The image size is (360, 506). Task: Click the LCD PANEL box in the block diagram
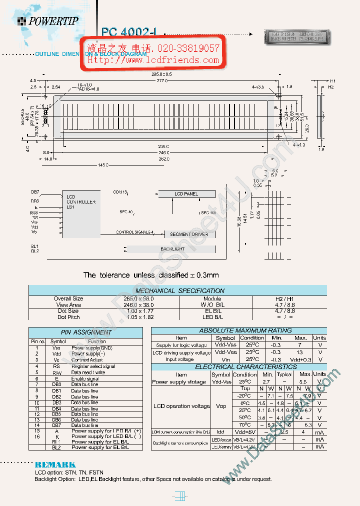[x=186, y=194]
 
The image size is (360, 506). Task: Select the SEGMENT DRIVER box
[x=188, y=234]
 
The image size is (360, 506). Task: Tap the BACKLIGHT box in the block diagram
[x=172, y=249]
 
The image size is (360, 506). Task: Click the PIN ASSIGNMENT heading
[x=86, y=332]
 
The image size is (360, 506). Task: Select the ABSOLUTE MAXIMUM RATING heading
[x=238, y=330]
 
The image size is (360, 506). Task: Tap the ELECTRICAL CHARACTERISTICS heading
[x=238, y=366]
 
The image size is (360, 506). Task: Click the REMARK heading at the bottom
[x=55, y=464]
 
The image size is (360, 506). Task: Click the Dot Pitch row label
[x=68, y=317]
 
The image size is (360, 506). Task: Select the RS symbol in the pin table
[x=56, y=366]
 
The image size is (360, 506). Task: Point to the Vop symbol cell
[x=220, y=406]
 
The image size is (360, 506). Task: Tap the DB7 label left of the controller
[x=35, y=192]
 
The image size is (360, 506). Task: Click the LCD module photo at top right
[x=297, y=36]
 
